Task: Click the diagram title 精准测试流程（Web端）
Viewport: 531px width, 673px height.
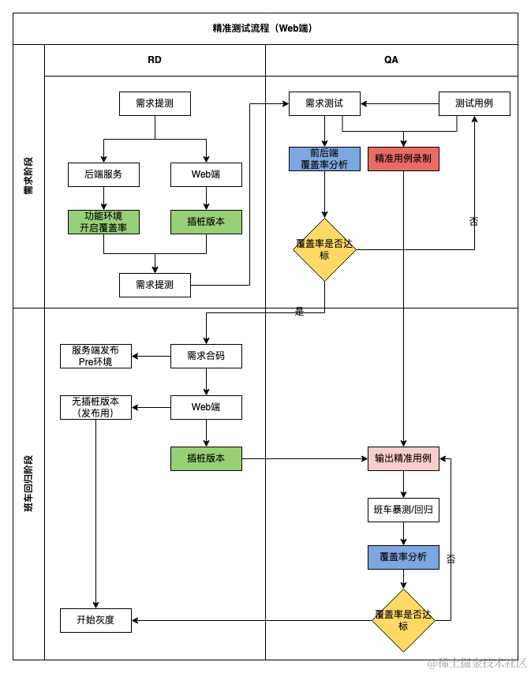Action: [x=262, y=28]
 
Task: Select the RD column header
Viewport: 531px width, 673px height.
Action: [x=155, y=60]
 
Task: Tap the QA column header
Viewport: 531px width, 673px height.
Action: [x=391, y=60]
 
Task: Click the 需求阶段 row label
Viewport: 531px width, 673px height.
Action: [x=28, y=176]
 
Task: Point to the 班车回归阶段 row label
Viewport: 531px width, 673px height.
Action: [x=28, y=484]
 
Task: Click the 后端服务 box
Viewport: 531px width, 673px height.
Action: [x=103, y=174]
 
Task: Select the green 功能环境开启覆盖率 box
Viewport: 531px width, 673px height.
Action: [x=103, y=222]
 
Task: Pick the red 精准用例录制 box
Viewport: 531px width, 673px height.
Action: [x=403, y=159]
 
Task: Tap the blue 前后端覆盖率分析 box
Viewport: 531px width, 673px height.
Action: [x=324, y=159]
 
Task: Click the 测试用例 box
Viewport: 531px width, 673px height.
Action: [x=474, y=103]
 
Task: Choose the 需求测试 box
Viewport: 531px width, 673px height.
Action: [x=324, y=103]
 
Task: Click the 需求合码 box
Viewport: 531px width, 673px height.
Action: [x=206, y=357]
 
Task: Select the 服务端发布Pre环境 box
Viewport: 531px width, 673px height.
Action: [x=95, y=357]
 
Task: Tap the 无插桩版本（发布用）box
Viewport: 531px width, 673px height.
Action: [x=95, y=407]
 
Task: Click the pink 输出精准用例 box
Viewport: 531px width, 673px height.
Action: [x=403, y=459]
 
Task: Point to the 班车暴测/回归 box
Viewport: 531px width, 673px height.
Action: [x=403, y=510]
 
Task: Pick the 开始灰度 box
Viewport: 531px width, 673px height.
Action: [x=95, y=620]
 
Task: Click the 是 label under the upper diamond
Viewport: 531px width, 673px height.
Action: [x=299, y=312]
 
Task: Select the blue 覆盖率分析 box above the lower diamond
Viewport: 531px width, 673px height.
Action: [x=403, y=557]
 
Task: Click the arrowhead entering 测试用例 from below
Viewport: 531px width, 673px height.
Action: [x=474, y=119]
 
